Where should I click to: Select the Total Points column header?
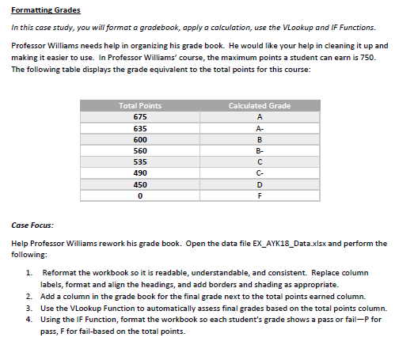click(x=139, y=105)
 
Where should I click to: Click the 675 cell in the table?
click(x=139, y=116)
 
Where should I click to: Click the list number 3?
click(x=28, y=308)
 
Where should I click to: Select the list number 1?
click(x=28, y=273)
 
